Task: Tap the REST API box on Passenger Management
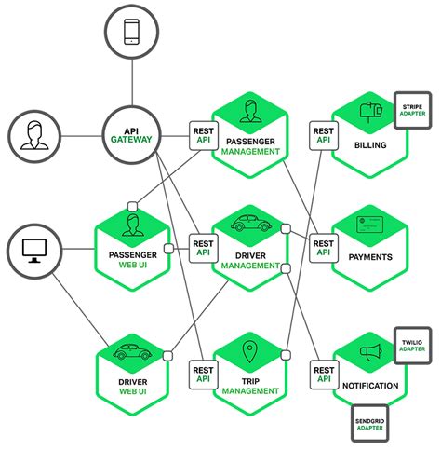pos(204,137)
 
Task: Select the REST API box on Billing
pos(323,137)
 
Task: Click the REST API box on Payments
pos(323,246)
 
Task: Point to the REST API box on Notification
pos(323,372)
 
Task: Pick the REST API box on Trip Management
pos(204,372)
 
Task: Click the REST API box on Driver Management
pos(204,246)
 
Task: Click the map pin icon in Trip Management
pos(248,352)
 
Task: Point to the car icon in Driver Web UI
pos(130,353)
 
